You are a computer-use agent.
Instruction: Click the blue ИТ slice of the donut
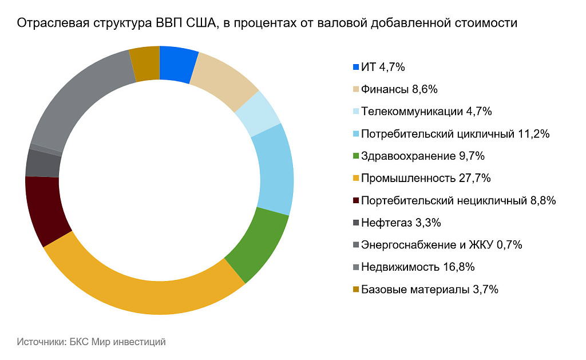177,65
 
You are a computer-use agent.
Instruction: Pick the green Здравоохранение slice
258,243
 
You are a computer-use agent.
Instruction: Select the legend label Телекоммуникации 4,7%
426,112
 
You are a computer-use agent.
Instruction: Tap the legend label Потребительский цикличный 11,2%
455,134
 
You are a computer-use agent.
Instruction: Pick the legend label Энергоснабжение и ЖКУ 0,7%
442,245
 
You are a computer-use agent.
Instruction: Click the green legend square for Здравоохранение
357,156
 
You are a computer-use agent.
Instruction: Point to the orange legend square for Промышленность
357,179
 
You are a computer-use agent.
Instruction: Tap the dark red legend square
357,201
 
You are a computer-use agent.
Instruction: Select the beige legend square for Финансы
357,89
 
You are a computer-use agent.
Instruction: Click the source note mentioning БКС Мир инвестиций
92,342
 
